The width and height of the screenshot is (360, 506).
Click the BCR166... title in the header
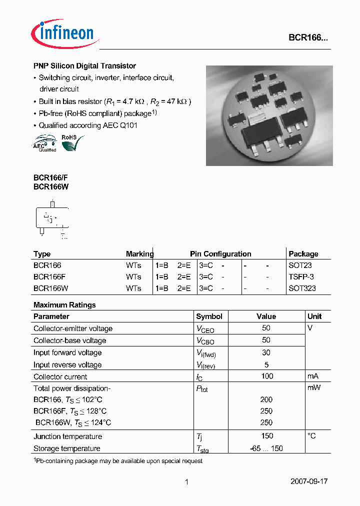tap(308, 37)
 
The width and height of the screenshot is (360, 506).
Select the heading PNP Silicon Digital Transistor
tap(84, 66)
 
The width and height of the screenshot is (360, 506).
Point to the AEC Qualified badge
tap(45, 143)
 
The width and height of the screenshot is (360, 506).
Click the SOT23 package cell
tap(301, 265)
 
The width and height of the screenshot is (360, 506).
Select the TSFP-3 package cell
tap(302, 277)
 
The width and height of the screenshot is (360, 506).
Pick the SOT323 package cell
tap(302, 288)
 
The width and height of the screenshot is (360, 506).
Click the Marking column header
tap(139, 254)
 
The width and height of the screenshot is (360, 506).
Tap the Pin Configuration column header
tap(220, 254)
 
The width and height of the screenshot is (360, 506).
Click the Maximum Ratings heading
tap(64, 305)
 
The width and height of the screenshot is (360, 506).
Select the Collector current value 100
tap(267, 376)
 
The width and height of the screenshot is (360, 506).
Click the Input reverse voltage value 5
tap(266, 364)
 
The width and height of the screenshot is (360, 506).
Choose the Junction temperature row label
tap(68, 436)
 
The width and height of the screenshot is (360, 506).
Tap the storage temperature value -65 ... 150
tap(266, 448)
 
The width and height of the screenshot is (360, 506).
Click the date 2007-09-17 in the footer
tap(309, 482)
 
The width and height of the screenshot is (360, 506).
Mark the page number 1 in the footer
tap(186, 482)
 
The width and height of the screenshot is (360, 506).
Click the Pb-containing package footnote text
tap(118, 461)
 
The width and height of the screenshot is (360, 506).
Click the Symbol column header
tap(209, 316)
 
